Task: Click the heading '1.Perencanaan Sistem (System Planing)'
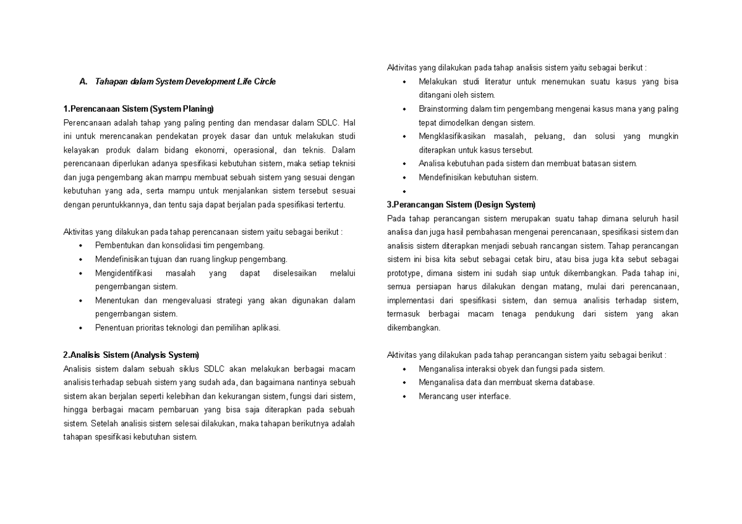click(138, 109)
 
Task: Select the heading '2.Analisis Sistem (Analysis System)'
click(131, 355)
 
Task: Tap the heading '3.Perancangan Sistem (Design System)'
click(461, 205)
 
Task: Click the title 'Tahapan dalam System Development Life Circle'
click(185, 82)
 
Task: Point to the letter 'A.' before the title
click(84, 82)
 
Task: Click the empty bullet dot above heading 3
click(404, 192)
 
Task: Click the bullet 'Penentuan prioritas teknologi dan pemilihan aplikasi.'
click(187, 327)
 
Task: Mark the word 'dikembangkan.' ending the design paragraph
click(413, 327)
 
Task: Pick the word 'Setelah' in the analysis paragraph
click(103, 423)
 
